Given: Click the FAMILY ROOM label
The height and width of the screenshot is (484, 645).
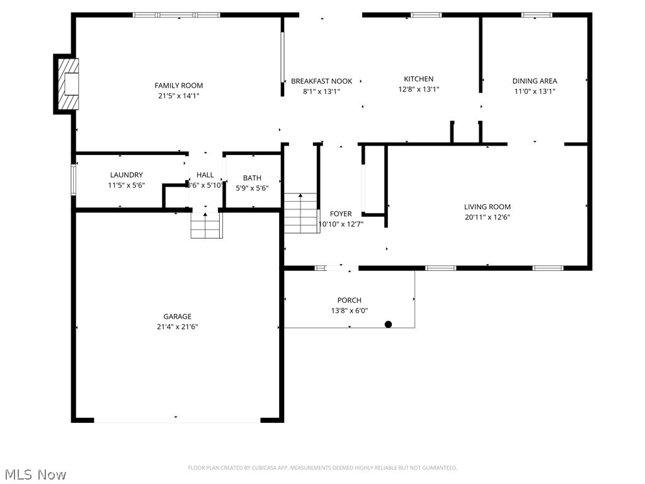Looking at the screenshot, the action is pyautogui.click(x=178, y=86).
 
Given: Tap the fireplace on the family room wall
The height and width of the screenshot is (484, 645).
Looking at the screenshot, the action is pyautogui.click(x=66, y=84).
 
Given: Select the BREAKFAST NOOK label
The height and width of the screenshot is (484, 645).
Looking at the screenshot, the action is pyautogui.click(x=322, y=81).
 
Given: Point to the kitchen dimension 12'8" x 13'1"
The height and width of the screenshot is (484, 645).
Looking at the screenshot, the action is pyautogui.click(x=419, y=89).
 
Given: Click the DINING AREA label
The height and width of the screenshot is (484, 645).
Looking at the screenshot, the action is pyautogui.click(x=535, y=81).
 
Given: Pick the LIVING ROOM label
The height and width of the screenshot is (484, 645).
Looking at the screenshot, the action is pyautogui.click(x=488, y=207).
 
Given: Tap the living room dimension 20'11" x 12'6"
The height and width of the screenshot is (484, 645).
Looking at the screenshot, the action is pyautogui.click(x=488, y=217).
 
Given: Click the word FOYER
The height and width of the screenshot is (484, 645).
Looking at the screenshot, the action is pyautogui.click(x=341, y=214).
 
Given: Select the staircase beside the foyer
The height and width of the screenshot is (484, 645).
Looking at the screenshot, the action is pyautogui.click(x=302, y=213).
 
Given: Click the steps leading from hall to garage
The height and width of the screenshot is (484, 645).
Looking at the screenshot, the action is pyautogui.click(x=207, y=226).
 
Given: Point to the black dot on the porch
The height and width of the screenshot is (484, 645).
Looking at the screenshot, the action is pyautogui.click(x=388, y=325).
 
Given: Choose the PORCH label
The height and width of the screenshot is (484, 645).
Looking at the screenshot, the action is pyautogui.click(x=349, y=301).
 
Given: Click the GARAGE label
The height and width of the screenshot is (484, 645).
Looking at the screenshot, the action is pyautogui.click(x=177, y=316).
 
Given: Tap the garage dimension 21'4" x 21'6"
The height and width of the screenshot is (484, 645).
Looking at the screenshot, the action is pyautogui.click(x=177, y=327).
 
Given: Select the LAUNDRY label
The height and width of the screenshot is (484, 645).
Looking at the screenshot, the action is pyautogui.click(x=126, y=175).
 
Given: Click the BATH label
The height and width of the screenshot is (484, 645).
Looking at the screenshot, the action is pyautogui.click(x=252, y=178).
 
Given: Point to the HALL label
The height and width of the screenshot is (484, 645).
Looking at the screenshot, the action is pyautogui.click(x=205, y=175).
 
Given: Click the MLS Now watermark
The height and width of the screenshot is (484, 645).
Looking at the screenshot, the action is pyautogui.click(x=35, y=475).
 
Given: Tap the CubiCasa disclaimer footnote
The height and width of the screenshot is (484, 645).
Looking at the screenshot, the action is pyautogui.click(x=322, y=468).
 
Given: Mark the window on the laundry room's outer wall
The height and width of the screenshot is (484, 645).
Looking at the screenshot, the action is pyautogui.click(x=74, y=180).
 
